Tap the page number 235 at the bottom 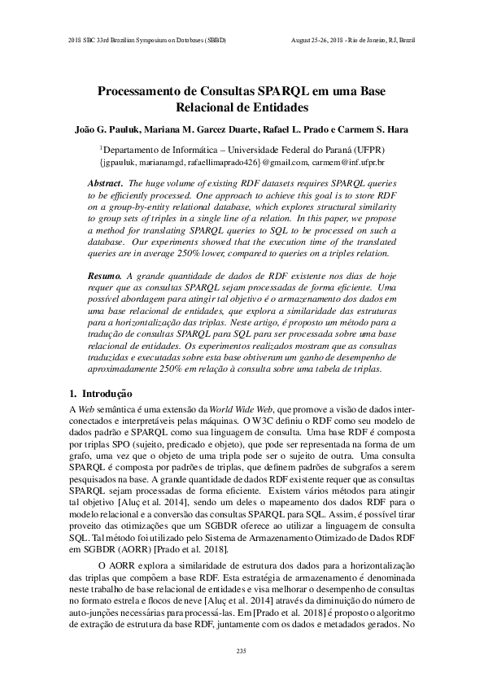[x=241, y=651]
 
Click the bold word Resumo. [x=104, y=277]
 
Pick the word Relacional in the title [x=206, y=107]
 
